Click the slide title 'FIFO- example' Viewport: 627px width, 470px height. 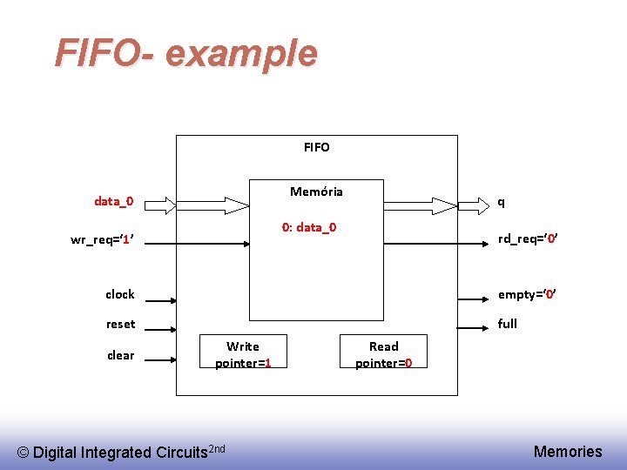[x=185, y=53]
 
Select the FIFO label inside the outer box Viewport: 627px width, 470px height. [x=317, y=147]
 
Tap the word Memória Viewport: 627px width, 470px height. [x=316, y=191]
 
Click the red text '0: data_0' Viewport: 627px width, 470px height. [x=308, y=227]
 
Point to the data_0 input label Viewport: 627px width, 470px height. [x=114, y=202]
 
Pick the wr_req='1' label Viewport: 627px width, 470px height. [x=101, y=240]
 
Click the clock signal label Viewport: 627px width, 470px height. [x=120, y=294]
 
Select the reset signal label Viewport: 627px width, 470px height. [x=121, y=324]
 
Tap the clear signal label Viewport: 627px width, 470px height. [x=121, y=355]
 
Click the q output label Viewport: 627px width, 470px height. [x=501, y=202]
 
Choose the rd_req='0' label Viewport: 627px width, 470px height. [x=527, y=239]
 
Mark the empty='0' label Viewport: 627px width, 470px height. [x=526, y=294]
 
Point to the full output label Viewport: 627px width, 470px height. [x=508, y=324]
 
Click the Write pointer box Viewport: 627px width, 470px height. [x=243, y=354]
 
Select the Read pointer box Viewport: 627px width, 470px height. [x=383, y=354]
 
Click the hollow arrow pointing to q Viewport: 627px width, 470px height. [x=432, y=205]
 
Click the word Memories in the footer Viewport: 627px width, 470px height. [x=568, y=451]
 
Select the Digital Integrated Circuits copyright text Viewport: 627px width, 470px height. [x=122, y=451]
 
